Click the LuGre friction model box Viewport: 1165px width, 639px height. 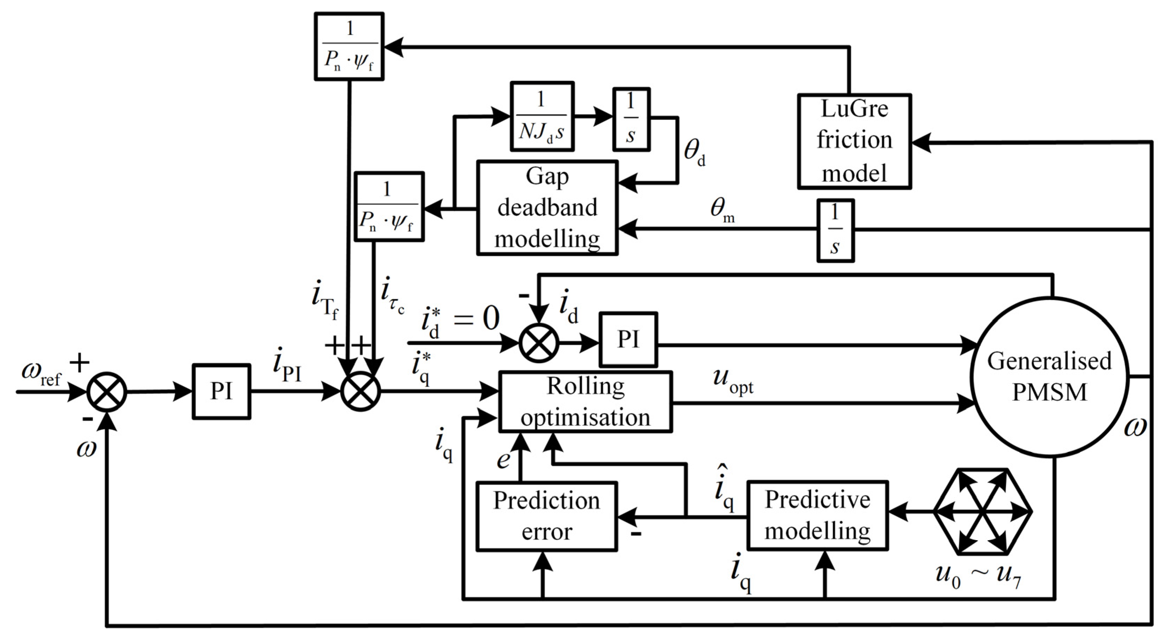pyautogui.click(x=854, y=141)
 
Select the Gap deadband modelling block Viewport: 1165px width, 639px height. pyautogui.click(x=547, y=208)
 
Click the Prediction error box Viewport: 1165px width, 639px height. pyautogui.click(x=546, y=516)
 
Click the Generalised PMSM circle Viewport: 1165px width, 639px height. pyautogui.click(x=1049, y=377)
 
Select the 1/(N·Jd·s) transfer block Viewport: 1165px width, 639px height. pyautogui.click(x=542, y=116)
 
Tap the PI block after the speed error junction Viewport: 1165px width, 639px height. pyautogui.click(x=221, y=392)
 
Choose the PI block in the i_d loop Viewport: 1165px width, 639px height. pyautogui.click(x=628, y=339)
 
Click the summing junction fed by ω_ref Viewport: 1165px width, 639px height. pyautogui.click(x=107, y=392)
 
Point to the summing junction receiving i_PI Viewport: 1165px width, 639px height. pyautogui.click(x=360, y=392)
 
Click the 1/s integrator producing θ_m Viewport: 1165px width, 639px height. pyautogui.click(x=835, y=231)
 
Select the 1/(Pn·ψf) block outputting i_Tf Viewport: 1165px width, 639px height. pyautogui.click(x=349, y=47)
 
